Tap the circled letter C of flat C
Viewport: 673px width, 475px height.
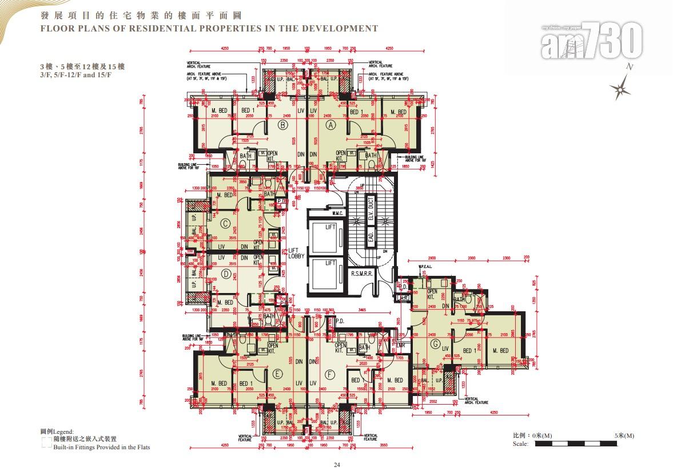226,224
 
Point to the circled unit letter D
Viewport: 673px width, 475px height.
226,274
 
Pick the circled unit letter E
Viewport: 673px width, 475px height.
278,374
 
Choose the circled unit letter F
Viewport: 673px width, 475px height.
329,374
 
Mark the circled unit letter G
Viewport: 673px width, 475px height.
436,344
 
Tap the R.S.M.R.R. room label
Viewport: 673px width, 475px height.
362,274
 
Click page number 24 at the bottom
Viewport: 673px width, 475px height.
336,465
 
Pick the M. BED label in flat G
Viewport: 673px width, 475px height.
500,350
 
